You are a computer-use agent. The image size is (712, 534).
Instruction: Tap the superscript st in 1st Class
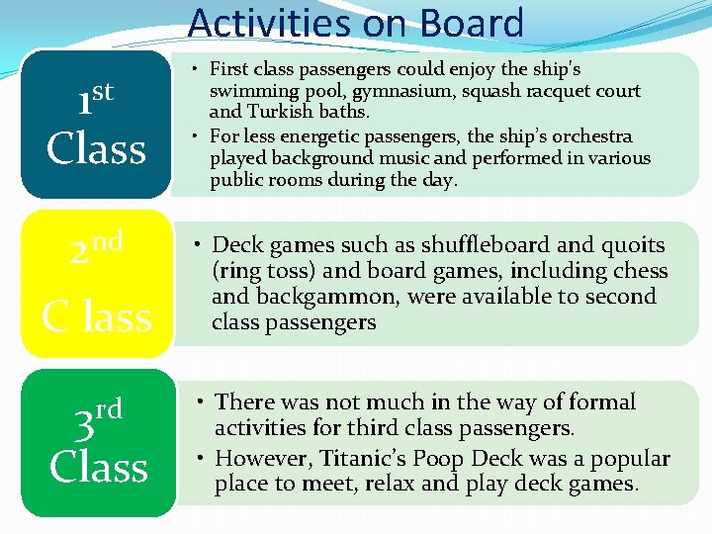103,92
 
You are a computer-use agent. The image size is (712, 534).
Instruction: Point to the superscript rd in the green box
109,407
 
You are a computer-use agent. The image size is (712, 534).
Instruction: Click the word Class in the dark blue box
96,149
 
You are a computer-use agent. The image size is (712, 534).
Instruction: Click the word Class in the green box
98,467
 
